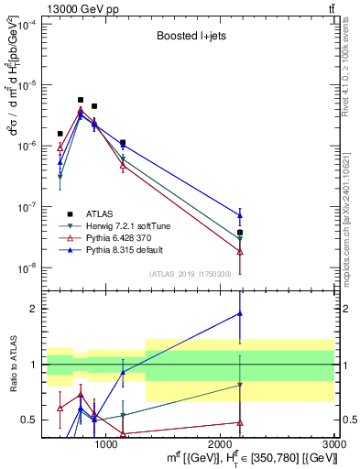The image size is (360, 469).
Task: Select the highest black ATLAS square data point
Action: [x=81, y=100]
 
